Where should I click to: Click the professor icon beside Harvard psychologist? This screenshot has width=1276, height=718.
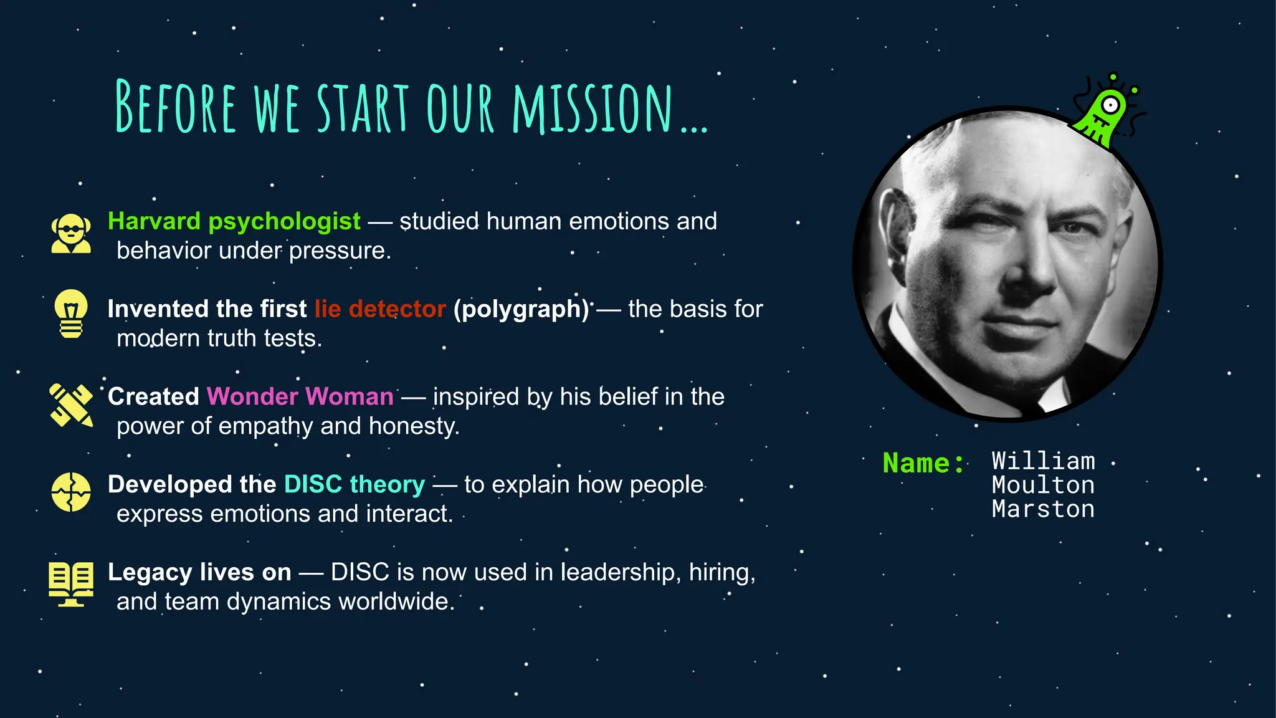(x=71, y=234)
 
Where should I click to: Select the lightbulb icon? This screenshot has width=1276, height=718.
(x=71, y=314)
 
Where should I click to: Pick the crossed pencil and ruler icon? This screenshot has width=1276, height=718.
(x=71, y=405)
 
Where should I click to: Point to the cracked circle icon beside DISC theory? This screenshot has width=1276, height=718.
(x=71, y=492)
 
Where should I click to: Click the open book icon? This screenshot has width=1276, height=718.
(x=71, y=583)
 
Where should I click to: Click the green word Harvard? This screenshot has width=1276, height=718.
(x=154, y=221)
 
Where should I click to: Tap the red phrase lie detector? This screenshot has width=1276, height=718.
(x=380, y=309)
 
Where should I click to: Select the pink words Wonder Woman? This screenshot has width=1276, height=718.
(x=300, y=397)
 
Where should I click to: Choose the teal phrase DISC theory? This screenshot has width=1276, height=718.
(x=355, y=484)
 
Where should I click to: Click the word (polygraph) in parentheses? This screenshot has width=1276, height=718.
(x=521, y=309)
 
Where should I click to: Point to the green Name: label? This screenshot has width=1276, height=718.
(x=923, y=463)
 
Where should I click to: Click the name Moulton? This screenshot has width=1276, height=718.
(x=1043, y=486)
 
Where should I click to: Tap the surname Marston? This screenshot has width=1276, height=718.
(x=1043, y=510)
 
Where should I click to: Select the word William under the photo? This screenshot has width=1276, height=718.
(x=1043, y=461)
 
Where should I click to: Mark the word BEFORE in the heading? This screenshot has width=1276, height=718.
(x=176, y=107)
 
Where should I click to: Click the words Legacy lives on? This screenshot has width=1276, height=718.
(x=199, y=572)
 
